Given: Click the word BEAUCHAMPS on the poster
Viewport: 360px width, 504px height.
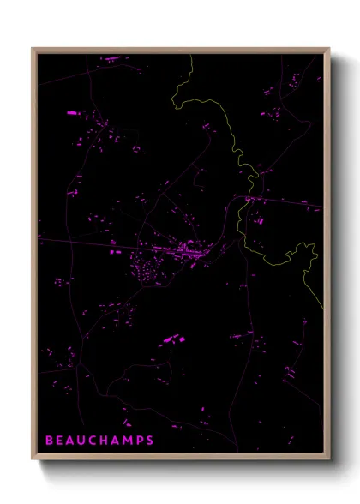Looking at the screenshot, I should [99, 441].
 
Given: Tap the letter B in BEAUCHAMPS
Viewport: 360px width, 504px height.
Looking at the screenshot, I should [49, 441].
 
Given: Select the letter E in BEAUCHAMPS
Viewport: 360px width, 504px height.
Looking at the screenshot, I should [60, 441].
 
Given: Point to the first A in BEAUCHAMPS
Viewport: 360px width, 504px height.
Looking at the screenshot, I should [71, 441].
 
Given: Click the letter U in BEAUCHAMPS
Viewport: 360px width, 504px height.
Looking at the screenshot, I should [83, 441].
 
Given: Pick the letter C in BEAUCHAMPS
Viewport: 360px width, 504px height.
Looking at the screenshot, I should [94, 441].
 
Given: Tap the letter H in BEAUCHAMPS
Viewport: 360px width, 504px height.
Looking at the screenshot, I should [105, 441].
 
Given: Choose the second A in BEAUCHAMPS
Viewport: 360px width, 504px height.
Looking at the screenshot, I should [117, 441].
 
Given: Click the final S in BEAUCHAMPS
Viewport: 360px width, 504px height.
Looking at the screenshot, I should [150, 441].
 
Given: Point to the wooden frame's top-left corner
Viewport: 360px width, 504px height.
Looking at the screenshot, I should [33, 49].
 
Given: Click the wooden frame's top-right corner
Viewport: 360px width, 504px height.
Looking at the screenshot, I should [328, 49].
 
